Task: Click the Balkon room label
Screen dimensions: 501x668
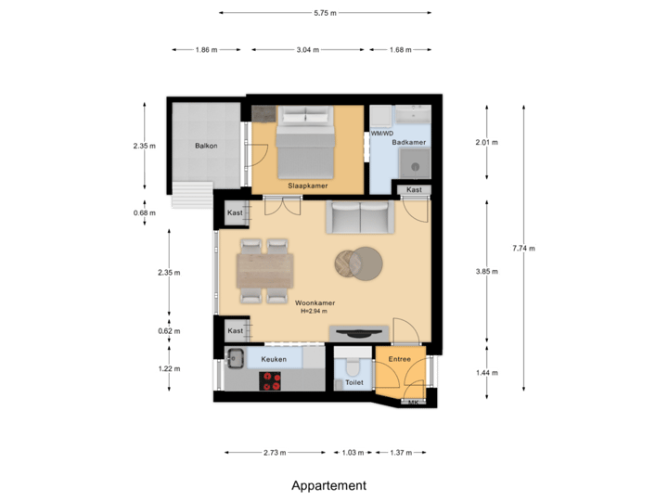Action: point(206,146)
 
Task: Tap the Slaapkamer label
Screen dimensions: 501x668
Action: point(306,186)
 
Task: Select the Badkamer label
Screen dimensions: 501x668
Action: point(409,143)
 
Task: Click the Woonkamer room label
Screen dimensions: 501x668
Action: point(315,302)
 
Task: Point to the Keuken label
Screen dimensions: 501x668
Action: point(274,359)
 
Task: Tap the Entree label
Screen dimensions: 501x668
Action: point(399,359)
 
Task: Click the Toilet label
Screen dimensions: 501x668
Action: point(353,381)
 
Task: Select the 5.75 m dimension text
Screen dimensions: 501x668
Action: point(325,13)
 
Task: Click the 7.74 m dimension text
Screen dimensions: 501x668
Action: point(523,248)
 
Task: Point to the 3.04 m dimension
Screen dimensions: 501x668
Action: point(308,50)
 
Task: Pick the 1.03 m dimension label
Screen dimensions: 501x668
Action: point(353,452)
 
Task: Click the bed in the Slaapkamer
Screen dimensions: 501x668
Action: point(307,144)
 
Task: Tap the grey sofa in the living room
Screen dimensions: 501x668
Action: point(360,218)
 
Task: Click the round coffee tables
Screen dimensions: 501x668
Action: point(358,263)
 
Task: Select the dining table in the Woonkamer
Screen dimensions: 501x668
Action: point(264,271)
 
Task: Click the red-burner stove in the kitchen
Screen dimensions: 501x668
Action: point(271,379)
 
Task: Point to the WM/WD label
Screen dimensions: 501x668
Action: point(381,134)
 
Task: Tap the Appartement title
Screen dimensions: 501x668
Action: point(329,485)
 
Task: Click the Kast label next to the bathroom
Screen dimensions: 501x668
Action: point(414,190)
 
